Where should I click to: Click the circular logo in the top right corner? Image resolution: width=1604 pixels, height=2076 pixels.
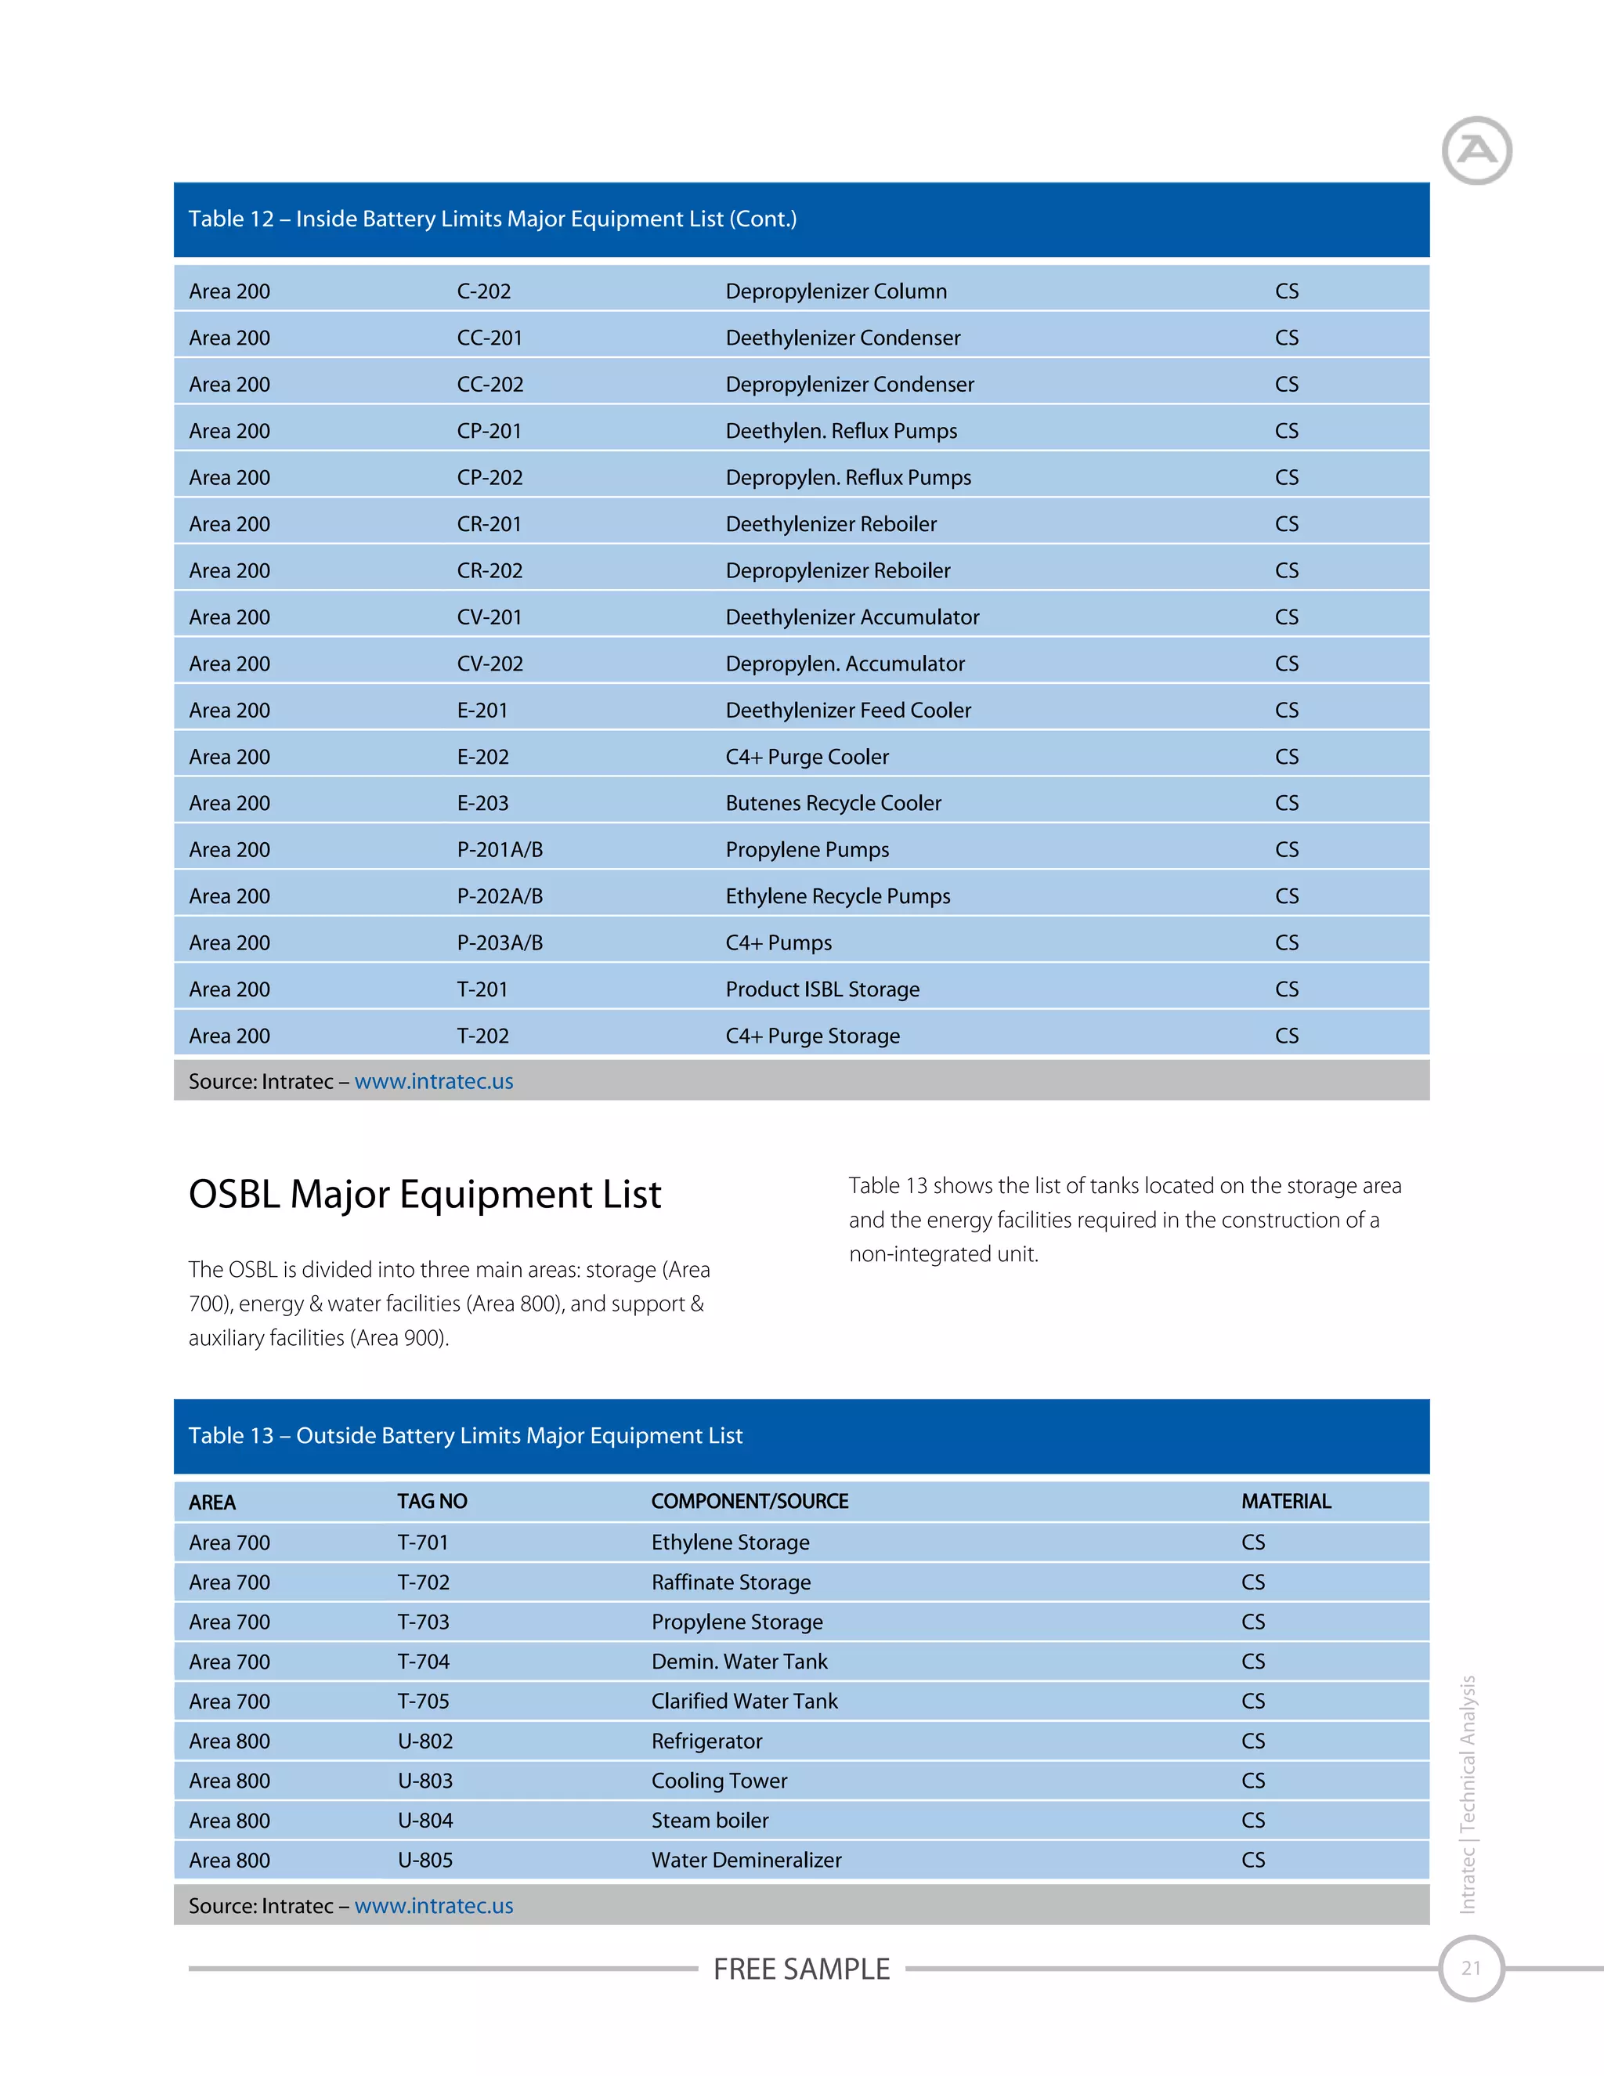pos(1476,150)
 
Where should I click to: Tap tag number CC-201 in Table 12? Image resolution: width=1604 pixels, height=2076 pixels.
pos(490,338)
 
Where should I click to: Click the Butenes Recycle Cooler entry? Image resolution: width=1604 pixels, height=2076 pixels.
pos(833,803)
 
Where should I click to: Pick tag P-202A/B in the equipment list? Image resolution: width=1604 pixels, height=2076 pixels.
pos(500,896)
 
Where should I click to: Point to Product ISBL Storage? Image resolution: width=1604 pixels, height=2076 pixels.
pos(823,989)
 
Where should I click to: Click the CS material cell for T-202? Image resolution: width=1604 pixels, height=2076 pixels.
pos(1287,1036)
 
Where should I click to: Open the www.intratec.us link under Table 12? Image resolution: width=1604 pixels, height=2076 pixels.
pos(433,1082)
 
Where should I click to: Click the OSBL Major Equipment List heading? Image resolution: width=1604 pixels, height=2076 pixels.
pos(424,1194)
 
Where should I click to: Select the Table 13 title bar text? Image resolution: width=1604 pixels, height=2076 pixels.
pos(466,1435)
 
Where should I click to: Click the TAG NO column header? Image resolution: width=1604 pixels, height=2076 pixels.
pos(432,1502)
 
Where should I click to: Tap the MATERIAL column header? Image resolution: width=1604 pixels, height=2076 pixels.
pos(1286,1502)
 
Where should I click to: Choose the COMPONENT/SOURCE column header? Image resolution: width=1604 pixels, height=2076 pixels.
pos(750,1502)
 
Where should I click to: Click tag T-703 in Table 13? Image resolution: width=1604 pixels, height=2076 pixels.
pos(423,1622)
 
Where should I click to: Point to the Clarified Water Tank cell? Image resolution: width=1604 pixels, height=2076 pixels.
pos(745,1702)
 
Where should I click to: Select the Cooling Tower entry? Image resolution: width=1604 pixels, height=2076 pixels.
pos(719,1781)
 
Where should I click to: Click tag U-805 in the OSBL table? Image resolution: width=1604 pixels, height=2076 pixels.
pos(424,1861)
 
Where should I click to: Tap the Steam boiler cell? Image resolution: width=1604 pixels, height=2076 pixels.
pos(710,1821)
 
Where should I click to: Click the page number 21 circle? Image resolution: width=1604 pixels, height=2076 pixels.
pos(1471,1969)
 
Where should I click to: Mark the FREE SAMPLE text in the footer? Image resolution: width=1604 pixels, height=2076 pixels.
pos(802,1969)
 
